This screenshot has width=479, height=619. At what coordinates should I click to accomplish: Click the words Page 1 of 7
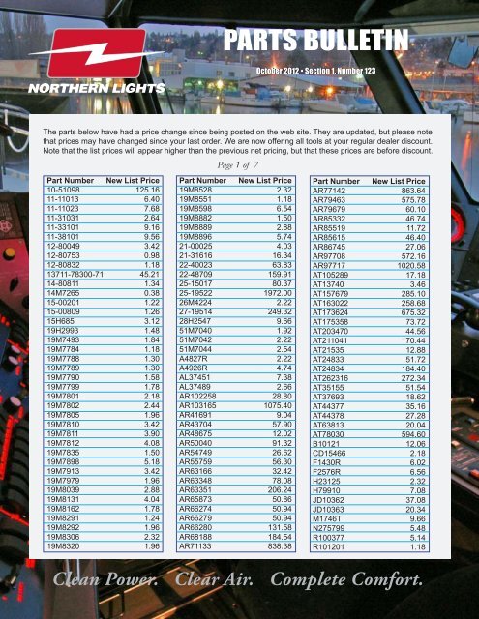[x=238, y=165]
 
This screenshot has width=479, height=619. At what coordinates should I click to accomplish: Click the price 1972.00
[x=275, y=291]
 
